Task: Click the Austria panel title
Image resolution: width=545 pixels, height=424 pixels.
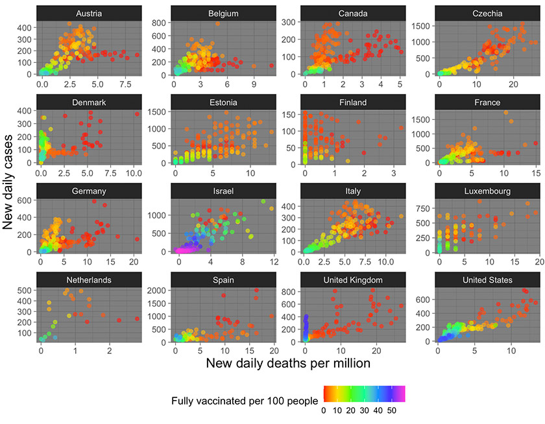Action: pyautogui.click(x=88, y=13)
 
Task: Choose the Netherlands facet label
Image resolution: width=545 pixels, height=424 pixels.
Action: pyautogui.click(x=88, y=280)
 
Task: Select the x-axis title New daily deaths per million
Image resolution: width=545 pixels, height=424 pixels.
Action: pyautogui.click(x=288, y=364)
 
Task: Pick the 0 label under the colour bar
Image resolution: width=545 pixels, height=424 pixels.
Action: pyautogui.click(x=324, y=410)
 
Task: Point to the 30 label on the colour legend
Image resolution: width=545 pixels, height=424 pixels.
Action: pyautogui.click(x=366, y=410)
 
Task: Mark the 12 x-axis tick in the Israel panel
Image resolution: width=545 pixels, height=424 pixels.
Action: pyautogui.click(x=274, y=261)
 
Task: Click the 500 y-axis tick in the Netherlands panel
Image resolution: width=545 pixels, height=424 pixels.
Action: pyautogui.click(x=26, y=290)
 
